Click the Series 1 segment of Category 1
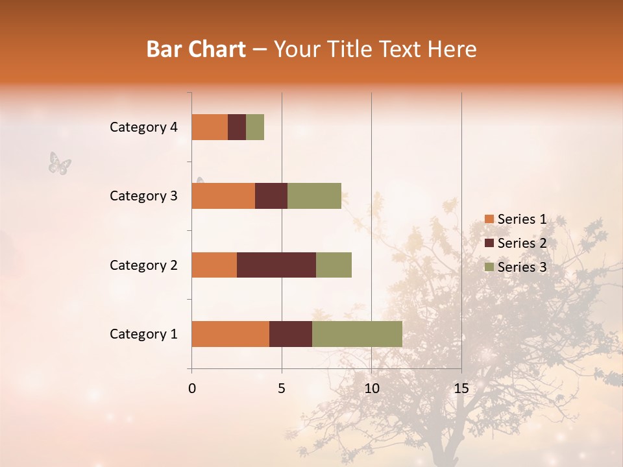[x=230, y=333]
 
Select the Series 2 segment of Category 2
[x=276, y=265]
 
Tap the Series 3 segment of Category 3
[x=314, y=196]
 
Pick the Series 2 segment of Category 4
[x=237, y=127]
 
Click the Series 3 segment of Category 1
[x=357, y=333]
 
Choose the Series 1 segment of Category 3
[x=223, y=196]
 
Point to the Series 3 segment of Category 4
[x=255, y=127]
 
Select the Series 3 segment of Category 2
[x=334, y=265]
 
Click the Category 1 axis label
[x=143, y=334]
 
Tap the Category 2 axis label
[x=143, y=265]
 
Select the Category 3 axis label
[x=143, y=196]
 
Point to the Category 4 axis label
[x=143, y=127]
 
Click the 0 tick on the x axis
[x=192, y=389]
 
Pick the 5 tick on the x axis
[x=282, y=389]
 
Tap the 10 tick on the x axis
[x=371, y=389]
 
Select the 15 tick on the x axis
[x=461, y=389]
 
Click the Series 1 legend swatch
[x=489, y=219]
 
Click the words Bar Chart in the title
[x=195, y=49]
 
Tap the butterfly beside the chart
[x=60, y=163]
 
